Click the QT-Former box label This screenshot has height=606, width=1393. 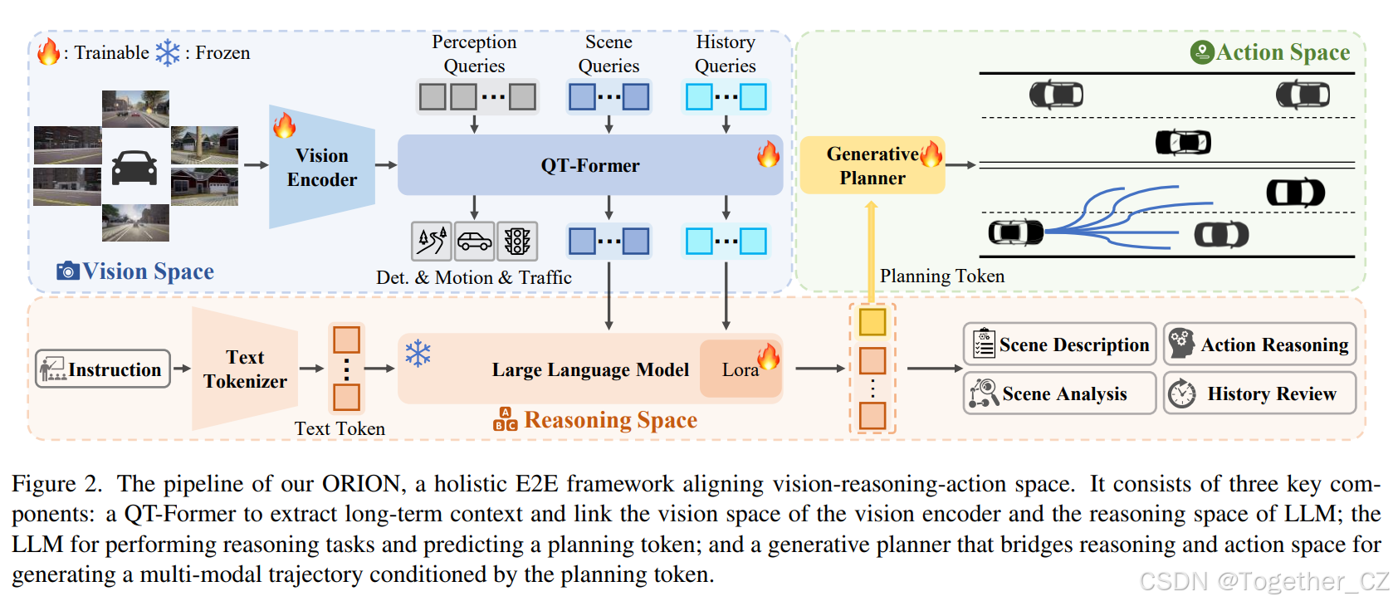click(589, 165)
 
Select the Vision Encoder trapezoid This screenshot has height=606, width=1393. click(322, 168)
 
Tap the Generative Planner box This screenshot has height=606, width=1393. click(872, 166)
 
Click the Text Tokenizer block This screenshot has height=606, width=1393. click(245, 369)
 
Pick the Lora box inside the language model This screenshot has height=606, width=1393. click(739, 369)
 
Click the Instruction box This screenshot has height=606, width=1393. click(103, 369)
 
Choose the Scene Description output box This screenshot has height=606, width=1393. click(1059, 345)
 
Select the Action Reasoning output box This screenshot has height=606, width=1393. click(1259, 345)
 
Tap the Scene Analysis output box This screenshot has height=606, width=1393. click(1059, 393)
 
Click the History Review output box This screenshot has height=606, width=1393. click(1259, 393)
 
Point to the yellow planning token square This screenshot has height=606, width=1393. click(872, 322)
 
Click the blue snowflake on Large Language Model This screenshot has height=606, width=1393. click(418, 354)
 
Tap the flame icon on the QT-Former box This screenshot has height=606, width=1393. click(768, 154)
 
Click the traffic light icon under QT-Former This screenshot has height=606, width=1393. click(517, 242)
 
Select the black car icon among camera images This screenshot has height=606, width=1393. click(134, 167)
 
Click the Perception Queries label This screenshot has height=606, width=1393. click(474, 54)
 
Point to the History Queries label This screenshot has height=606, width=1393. click(725, 54)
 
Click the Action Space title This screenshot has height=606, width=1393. click(1282, 52)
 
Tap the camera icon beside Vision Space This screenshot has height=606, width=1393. click(67, 271)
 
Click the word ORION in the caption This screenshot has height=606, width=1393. click(361, 484)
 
